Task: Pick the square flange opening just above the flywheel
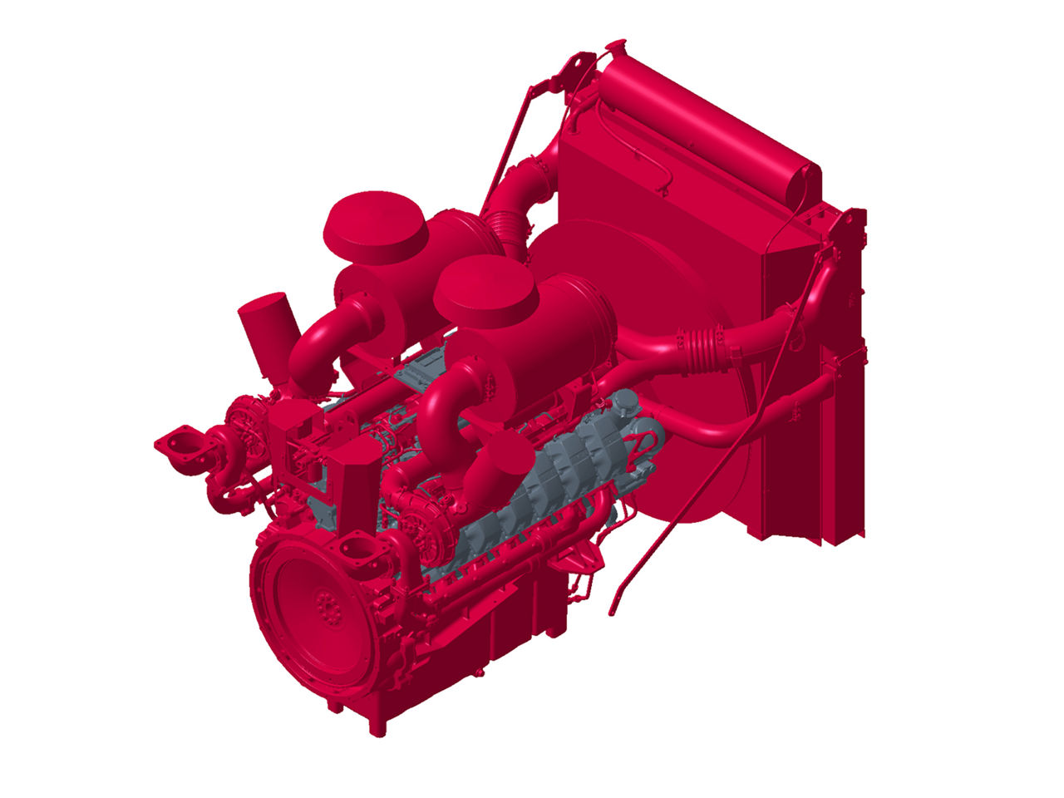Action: [x=356, y=550]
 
